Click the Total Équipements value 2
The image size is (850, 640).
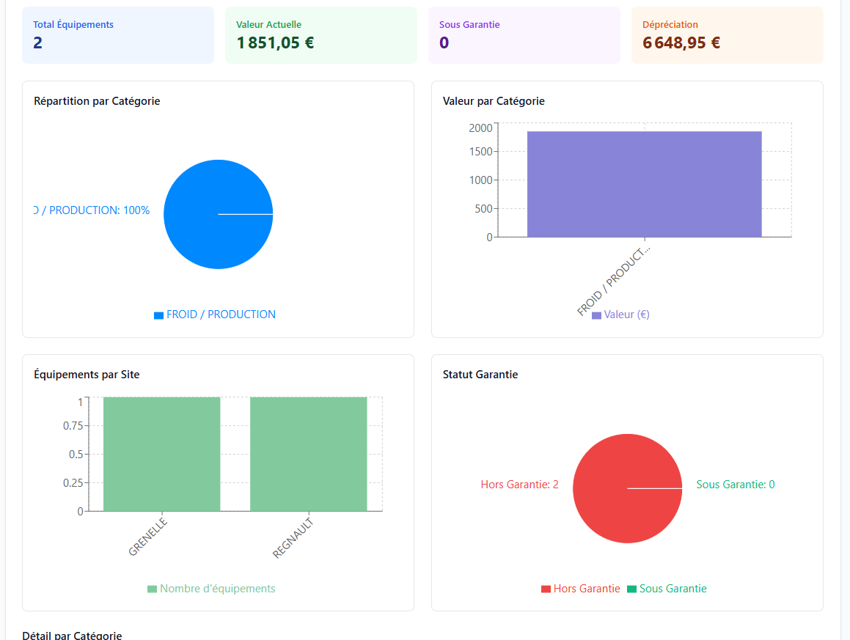tap(38, 43)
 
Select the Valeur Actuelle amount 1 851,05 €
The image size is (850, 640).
tap(275, 43)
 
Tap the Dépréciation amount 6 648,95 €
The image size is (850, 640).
tap(681, 43)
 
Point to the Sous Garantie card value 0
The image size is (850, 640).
tap(444, 43)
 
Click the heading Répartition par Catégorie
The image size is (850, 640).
tap(97, 101)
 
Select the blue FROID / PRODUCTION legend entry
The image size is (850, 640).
tap(215, 315)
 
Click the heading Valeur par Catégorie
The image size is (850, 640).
tap(494, 101)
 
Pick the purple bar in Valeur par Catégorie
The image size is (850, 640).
tap(644, 184)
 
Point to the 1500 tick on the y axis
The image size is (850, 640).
tap(480, 152)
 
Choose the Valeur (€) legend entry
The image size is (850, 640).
tap(620, 315)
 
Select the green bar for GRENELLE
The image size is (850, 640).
tap(161, 454)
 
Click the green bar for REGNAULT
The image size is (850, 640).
tap(308, 454)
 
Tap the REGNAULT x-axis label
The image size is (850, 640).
tap(293, 538)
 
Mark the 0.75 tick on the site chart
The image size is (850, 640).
tap(71, 426)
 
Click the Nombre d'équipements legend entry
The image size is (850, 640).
tap(211, 589)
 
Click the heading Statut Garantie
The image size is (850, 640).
tap(480, 375)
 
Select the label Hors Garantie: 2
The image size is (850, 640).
tap(519, 485)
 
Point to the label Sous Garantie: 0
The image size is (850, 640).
tap(735, 485)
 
